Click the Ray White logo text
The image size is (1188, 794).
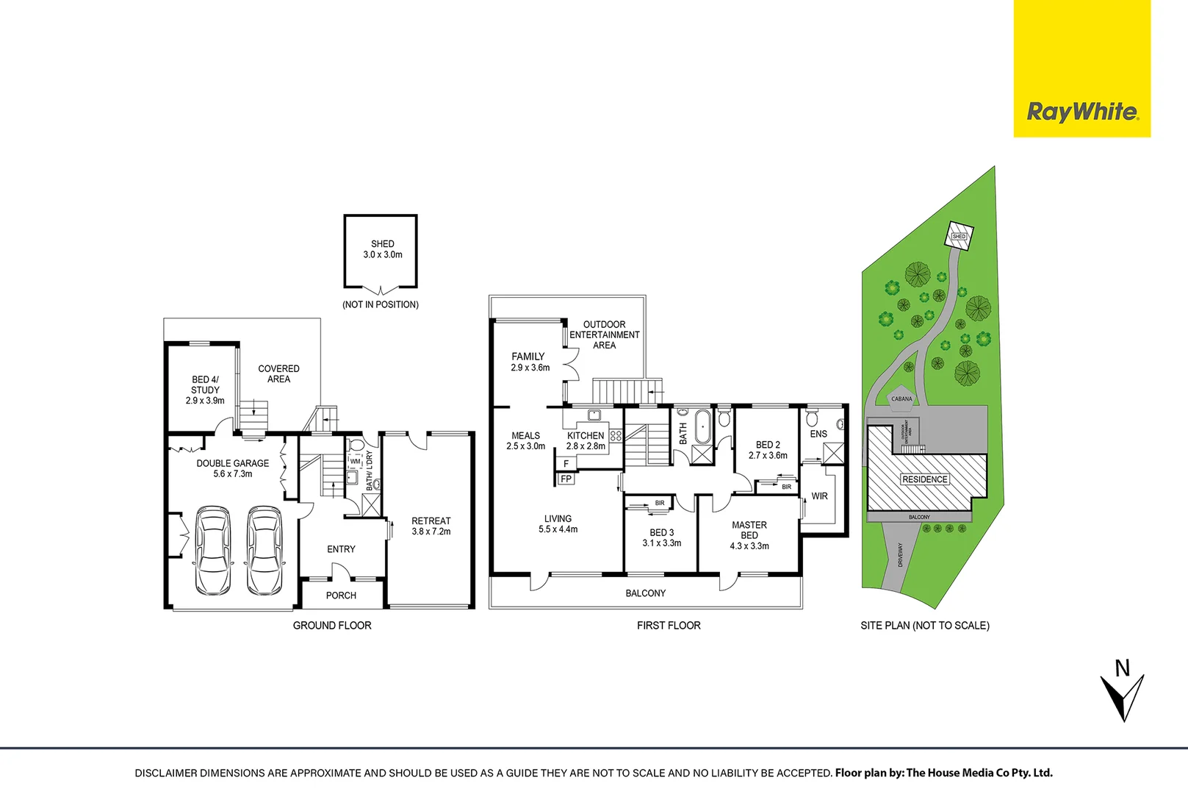click(1082, 112)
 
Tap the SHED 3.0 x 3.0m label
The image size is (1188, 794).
click(383, 249)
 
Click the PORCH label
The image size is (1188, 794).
click(341, 595)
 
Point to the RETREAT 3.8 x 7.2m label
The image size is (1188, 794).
click(431, 526)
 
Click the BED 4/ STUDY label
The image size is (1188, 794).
click(205, 390)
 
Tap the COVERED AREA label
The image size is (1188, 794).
click(278, 373)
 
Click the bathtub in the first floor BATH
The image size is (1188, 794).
click(703, 428)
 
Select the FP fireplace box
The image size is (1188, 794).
click(566, 479)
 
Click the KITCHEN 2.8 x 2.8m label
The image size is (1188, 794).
click(586, 440)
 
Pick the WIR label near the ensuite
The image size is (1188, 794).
click(819, 496)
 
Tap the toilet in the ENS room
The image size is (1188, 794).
click(812, 419)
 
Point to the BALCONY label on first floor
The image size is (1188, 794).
click(645, 593)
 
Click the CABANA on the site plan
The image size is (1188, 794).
click(901, 398)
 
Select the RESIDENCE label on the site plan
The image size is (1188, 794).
click(925, 479)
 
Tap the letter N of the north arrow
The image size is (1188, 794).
click(1122, 668)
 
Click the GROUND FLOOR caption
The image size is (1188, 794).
click(332, 625)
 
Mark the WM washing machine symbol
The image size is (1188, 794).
click(356, 461)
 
